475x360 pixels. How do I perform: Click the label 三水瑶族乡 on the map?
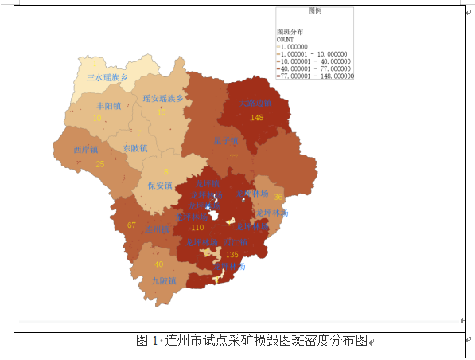click(x=107, y=78)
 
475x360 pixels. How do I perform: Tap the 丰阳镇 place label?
click(x=108, y=106)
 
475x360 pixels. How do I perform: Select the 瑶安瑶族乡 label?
click(x=163, y=98)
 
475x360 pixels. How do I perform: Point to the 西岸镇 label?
click(x=85, y=150)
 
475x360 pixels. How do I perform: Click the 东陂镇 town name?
click(x=134, y=148)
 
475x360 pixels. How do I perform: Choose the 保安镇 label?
click(x=160, y=186)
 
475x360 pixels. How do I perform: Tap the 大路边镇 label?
click(x=256, y=104)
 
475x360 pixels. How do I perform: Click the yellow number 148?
click(x=256, y=118)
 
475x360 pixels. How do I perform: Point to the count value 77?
click(x=234, y=157)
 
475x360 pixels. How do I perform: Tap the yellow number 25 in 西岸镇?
click(x=99, y=164)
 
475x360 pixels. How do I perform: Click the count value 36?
click(x=278, y=197)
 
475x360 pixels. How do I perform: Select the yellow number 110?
click(x=197, y=228)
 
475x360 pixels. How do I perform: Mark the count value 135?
click(x=232, y=255)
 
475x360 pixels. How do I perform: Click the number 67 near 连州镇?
click(x=131, y=225)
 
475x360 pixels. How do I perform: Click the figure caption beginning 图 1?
click(x=253, y=340)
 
